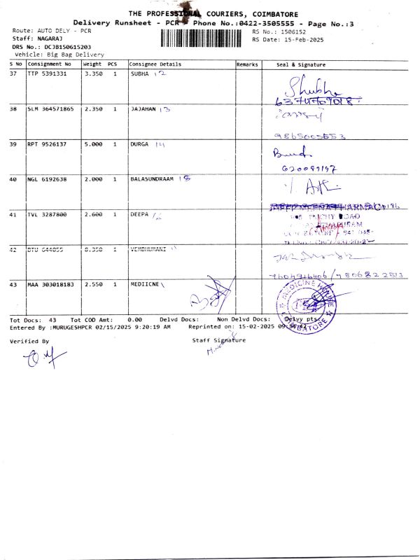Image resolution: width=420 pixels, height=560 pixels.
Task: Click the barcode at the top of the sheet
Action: pyautogui.click(x=204, y=38)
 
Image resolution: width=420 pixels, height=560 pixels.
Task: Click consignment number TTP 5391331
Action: pyautogui.click(x=47, y=73)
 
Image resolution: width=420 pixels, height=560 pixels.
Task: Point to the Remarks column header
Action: pyautogui.click(x=247, y=64)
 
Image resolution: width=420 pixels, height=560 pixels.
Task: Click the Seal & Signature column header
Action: pyautogui.click(x=301, y=64)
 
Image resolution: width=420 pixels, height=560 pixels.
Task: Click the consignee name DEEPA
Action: pyautogui.click(x=140, y=214)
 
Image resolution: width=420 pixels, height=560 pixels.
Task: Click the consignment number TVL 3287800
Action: pyautogui.click(x=47, y=214)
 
